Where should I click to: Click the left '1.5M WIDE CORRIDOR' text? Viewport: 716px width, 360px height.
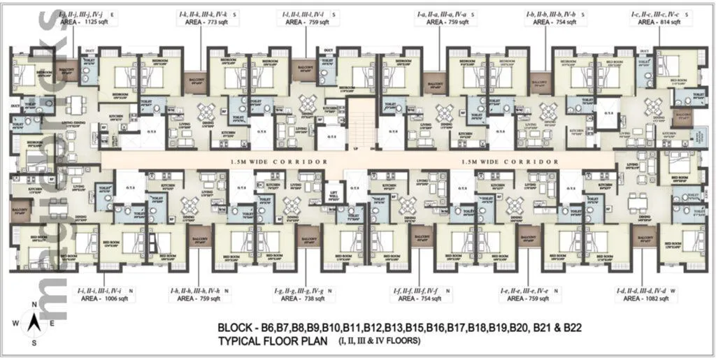point(279,161)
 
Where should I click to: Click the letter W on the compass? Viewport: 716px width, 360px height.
point(15,324)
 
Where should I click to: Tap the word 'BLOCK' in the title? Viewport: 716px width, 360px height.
point(236,327)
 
